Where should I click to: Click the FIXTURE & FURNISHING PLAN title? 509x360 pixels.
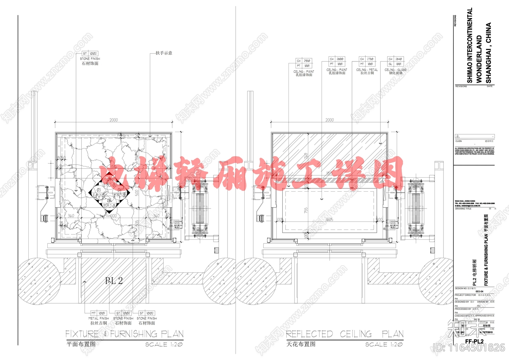tap(124, 334)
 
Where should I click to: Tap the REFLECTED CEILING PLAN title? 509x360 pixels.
tap(345, 334)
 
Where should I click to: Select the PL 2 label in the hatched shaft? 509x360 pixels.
tap(114, 281)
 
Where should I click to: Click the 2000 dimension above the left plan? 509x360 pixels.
tap(114, 120)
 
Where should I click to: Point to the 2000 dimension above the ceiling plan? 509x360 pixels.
tap(330, 120)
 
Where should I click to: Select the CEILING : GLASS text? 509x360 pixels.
tap(395, 70)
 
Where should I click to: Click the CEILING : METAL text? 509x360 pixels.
tap(367, 70)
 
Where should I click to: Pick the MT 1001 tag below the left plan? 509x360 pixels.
tap(98, 313)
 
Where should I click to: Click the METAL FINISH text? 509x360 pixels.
tap(99, 318)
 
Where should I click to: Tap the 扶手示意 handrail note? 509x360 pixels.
tap(164, 53)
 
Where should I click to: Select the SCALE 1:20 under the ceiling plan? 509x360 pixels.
tap(384, 344)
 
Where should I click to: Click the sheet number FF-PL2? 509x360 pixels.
tap(474, 341)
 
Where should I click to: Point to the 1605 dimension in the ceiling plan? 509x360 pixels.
tap(329, 220)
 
